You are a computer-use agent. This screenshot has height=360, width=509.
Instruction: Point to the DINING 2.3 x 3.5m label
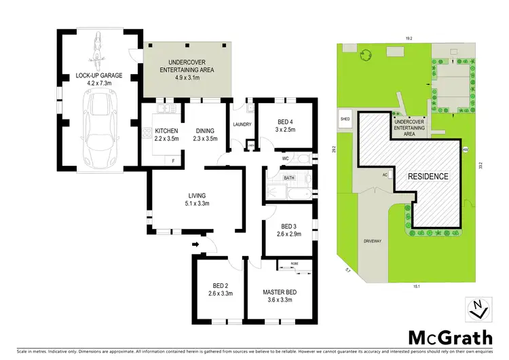tap(205, 134)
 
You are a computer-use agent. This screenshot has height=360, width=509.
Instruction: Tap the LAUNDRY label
tap(242, 124)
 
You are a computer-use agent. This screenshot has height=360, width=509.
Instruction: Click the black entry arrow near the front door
tap(196, 244)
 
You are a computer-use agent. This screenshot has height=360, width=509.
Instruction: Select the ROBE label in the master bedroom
tap(295, 262)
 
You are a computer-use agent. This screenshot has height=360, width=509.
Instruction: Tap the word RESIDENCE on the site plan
tap(428, 177)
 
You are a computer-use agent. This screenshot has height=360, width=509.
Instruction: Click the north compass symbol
tap(479, 309)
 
